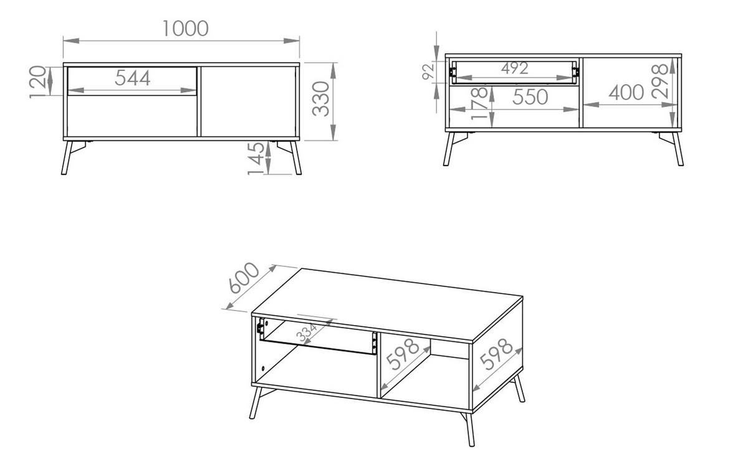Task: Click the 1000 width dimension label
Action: [185, 29]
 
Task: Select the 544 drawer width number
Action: [133, 78]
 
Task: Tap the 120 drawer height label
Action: [37, 82]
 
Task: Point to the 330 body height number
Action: [320, 99]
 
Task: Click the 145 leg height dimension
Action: [256, 158]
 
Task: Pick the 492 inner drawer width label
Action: [515, 68]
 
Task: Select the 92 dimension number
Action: [428, 72]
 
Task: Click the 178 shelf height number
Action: [479, 103]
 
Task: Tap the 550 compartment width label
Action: [530, 97]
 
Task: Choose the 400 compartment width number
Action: [626, 92]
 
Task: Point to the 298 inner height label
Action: [659, 81]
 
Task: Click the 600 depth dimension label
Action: [244, 278]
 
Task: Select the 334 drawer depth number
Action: [307, 333]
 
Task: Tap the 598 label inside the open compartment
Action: [403, 354]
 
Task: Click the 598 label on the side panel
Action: [496, 354]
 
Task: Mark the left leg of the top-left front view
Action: [67, 158]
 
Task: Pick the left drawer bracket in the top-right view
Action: [453, 72]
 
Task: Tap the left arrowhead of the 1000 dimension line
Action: [71, 40]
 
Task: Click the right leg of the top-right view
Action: [678, 149]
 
